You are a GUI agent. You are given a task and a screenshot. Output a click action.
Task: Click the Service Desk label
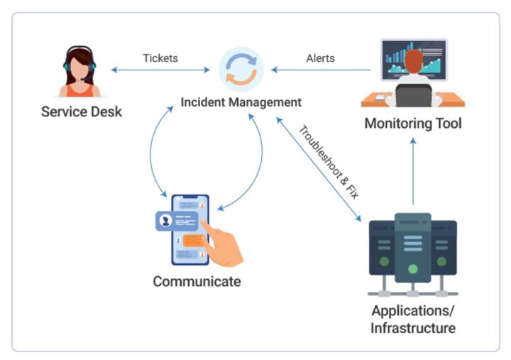81,111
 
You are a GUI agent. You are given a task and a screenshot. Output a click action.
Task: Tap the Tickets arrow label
161,58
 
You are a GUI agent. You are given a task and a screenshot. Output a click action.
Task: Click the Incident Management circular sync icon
241,70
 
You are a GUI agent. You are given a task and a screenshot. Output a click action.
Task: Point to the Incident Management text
241,102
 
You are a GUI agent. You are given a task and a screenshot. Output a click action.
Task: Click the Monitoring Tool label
412,124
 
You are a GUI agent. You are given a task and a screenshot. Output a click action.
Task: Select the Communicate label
197,281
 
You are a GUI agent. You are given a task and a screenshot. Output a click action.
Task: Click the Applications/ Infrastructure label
412,320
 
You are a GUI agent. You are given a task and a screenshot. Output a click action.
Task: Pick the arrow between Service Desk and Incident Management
161,70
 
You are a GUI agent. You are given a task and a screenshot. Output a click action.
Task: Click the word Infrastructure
412,328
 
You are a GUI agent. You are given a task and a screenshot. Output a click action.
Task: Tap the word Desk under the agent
106,111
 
